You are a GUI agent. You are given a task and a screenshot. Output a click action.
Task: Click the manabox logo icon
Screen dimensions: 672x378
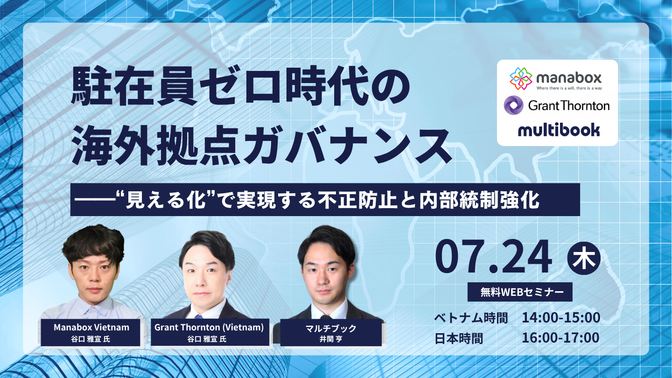click(x=521, y=78)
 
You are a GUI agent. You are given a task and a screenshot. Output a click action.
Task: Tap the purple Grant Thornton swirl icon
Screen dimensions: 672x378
click(x=514, y=105)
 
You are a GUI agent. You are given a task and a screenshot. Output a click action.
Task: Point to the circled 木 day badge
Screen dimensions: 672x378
click(x=584, y=259)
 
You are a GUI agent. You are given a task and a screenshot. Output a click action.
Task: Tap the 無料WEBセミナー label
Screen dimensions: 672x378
click(x=520, y=292)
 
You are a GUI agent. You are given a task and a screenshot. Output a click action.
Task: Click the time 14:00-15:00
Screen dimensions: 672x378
click(x=561, y=318)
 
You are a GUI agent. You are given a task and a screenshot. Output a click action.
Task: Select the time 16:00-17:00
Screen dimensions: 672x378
click(x=560, y=338)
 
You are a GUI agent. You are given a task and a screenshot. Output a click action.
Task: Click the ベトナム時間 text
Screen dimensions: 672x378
click(x=471, y=318)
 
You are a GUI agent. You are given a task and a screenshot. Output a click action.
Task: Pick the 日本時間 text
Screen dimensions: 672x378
click(x=459, y=338)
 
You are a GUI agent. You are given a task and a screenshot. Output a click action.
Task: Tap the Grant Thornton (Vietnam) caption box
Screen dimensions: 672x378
click(x=210, y=332)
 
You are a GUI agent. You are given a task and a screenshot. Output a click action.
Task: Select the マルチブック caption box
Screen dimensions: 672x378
click(x=331, y=333)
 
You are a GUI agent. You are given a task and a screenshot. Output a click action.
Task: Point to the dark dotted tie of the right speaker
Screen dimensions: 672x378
click(x=326, y=317)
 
